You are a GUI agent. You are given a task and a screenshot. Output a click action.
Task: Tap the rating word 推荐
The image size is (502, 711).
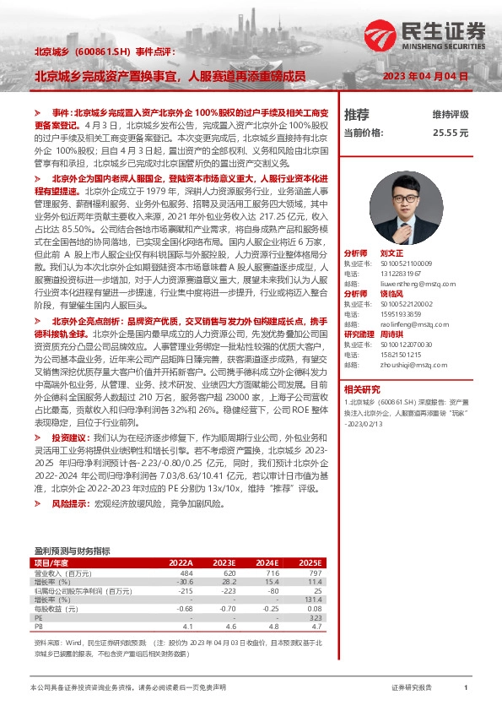pos(357,114)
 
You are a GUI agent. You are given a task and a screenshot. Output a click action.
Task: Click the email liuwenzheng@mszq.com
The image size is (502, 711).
pos(408,285)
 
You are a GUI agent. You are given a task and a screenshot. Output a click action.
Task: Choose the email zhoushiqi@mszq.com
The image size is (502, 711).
pos(408,366)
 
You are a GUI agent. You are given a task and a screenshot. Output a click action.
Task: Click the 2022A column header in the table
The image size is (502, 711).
pos(180,562)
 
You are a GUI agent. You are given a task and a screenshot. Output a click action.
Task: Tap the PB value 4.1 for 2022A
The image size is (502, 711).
pos(186,627)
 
